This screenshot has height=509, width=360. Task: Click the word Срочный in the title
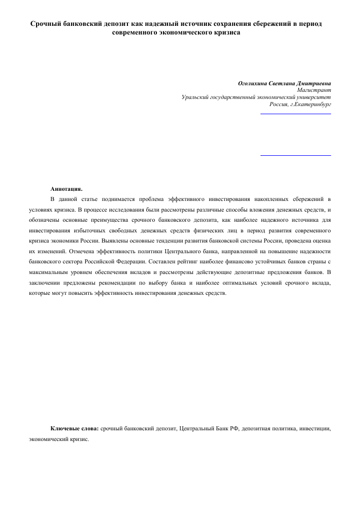click(x=45, y=24)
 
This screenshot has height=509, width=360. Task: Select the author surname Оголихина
click(x=255, y=83)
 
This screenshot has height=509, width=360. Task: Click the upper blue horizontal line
click(x=296, y=114)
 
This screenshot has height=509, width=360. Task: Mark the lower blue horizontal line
click(x=296, y=155)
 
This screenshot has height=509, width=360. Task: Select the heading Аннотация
click(x=66, y=189)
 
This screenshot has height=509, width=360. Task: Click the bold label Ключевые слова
click(x=75, y=429)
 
